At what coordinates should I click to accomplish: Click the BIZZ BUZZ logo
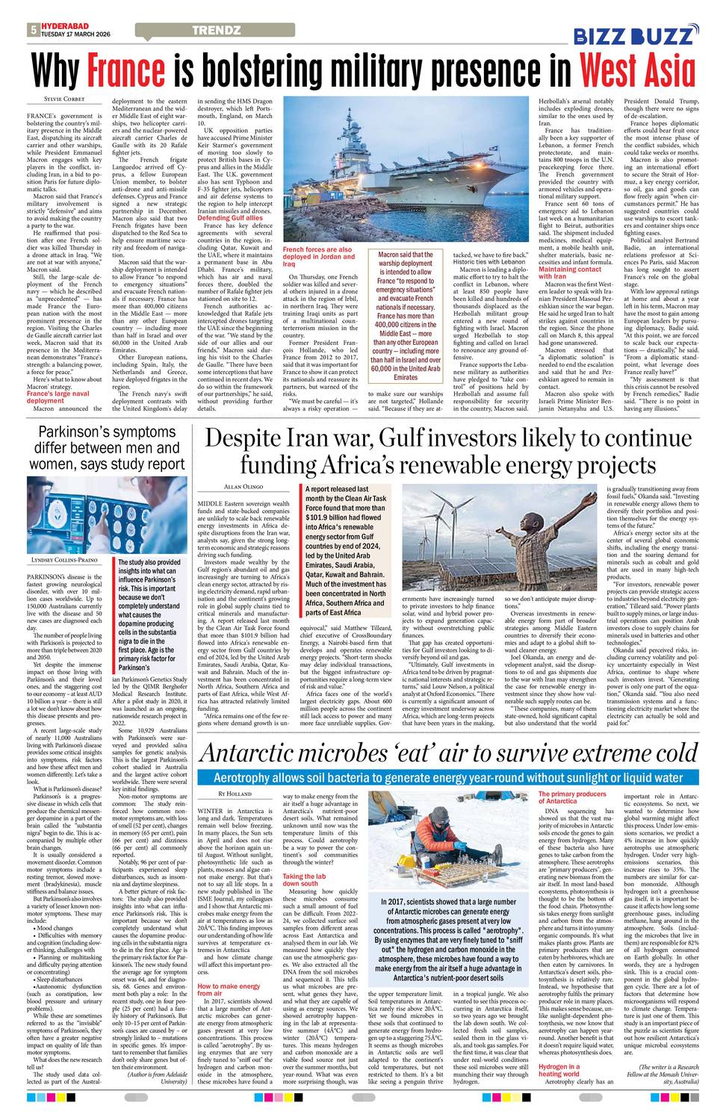tap(636, 35)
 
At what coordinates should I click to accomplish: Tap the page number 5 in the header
tap(34, 31)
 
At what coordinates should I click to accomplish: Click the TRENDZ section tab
tap(216, 31)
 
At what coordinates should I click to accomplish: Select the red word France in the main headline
tap(125, 72)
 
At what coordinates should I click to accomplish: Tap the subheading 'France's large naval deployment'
tap(58, 396)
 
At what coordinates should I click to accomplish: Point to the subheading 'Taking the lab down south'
tap(304, 879)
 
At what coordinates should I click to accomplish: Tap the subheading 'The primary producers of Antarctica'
tap(572, 797)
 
